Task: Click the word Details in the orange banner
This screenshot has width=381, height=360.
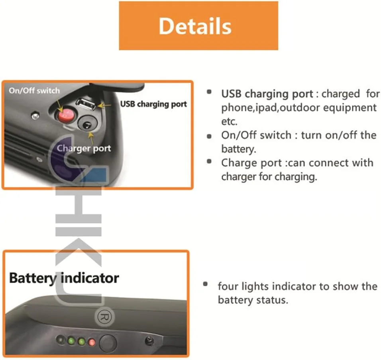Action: point(195,26)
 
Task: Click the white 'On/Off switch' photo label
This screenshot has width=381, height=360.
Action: point(34,91)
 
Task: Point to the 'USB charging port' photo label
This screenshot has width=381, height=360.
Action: point(153,104)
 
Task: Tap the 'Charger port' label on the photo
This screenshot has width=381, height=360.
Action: point(84,148)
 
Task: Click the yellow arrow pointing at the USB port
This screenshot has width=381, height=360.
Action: point(104,106)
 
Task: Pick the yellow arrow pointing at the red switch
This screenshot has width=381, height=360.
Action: point(59,106)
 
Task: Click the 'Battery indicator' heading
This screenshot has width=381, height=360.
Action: point(64,278)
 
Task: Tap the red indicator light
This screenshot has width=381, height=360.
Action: point(92,342)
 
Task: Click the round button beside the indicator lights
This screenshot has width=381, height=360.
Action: point(108,343)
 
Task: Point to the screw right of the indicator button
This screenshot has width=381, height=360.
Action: point(149,341)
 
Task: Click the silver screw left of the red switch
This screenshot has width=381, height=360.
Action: point(35,116)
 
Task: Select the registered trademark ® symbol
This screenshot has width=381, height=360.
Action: point(104,317)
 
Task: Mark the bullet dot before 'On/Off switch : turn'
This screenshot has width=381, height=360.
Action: point(209,136)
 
